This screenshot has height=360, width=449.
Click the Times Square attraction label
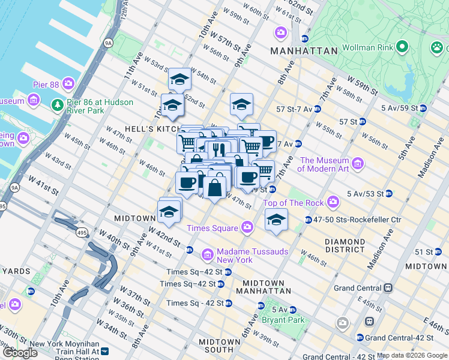pos(212,227)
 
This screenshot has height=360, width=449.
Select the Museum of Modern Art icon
pos(358,163)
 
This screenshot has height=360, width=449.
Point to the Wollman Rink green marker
pos(402,46)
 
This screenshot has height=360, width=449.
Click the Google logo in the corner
pos(19,352)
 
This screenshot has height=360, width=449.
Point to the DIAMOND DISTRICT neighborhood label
pos(353,245)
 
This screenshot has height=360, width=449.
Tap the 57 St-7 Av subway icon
pos(317,109)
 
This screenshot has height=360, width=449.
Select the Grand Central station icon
pos(388,287)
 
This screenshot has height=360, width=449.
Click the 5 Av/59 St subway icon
pos(423,109)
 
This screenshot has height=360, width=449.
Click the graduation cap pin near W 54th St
pos(179,80)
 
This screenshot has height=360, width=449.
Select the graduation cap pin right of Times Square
pos(276,220)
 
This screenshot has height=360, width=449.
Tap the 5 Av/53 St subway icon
pos(389,194)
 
